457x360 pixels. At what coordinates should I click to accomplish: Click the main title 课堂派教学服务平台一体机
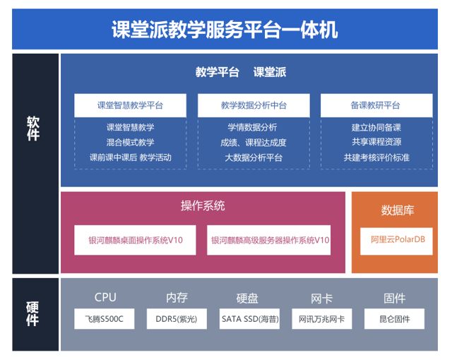tap(225, 30)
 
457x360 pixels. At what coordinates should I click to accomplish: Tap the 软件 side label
tap(33, 128)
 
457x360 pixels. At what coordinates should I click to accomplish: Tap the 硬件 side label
tap(32, 313)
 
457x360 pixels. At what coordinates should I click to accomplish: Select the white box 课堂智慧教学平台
tap(130, 105)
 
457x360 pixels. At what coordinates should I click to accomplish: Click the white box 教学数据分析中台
tap(254, 105)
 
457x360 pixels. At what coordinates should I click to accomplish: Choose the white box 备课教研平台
tap(376, 105)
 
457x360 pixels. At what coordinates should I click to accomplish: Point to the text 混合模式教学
tap(130, 143)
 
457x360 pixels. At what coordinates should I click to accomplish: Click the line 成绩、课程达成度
tap(254, 143)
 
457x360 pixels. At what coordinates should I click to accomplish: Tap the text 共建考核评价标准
tap(376, 157)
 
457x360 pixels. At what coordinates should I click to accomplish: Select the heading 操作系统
tap(203, 206)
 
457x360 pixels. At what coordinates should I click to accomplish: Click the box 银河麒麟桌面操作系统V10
tap(135, 240)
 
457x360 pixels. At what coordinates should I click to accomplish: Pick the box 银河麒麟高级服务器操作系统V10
tap(268, 240)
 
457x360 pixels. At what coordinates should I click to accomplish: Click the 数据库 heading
tap(398, 210)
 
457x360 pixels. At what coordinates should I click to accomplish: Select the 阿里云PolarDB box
tap(396, 241)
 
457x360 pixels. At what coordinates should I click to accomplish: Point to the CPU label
tap(105, 297)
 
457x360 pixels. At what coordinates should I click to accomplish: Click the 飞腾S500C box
tap(105, 319)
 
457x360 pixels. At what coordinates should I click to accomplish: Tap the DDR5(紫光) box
tap(177, 319)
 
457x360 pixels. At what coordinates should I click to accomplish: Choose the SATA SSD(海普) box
tap(249, 319)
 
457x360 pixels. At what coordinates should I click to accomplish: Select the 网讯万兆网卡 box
tap(322, 319)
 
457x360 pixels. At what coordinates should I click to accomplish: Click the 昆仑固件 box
tap(394, 319)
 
